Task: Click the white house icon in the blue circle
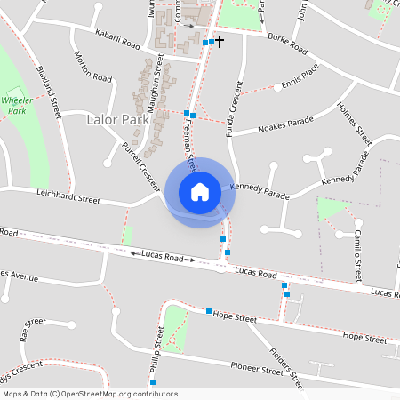coord(200,192)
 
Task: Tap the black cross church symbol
coord(220,42)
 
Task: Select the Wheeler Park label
coord(18,106)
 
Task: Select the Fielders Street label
coord(286,366)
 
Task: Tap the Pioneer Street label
coord(256,367)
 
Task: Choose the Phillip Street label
coord(157,351)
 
